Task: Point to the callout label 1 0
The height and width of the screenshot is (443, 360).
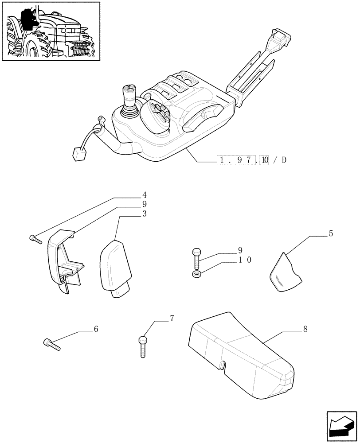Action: coord(245,260)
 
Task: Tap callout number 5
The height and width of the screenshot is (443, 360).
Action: coord(331,234)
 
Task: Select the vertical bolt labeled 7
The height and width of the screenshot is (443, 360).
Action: coord(142,346)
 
